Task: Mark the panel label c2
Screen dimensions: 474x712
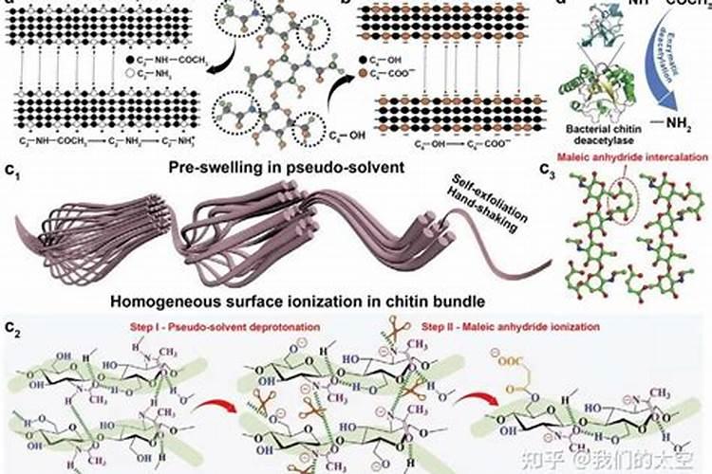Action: tap(14, 329)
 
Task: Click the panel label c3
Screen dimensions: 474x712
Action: tap(548, 171)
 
